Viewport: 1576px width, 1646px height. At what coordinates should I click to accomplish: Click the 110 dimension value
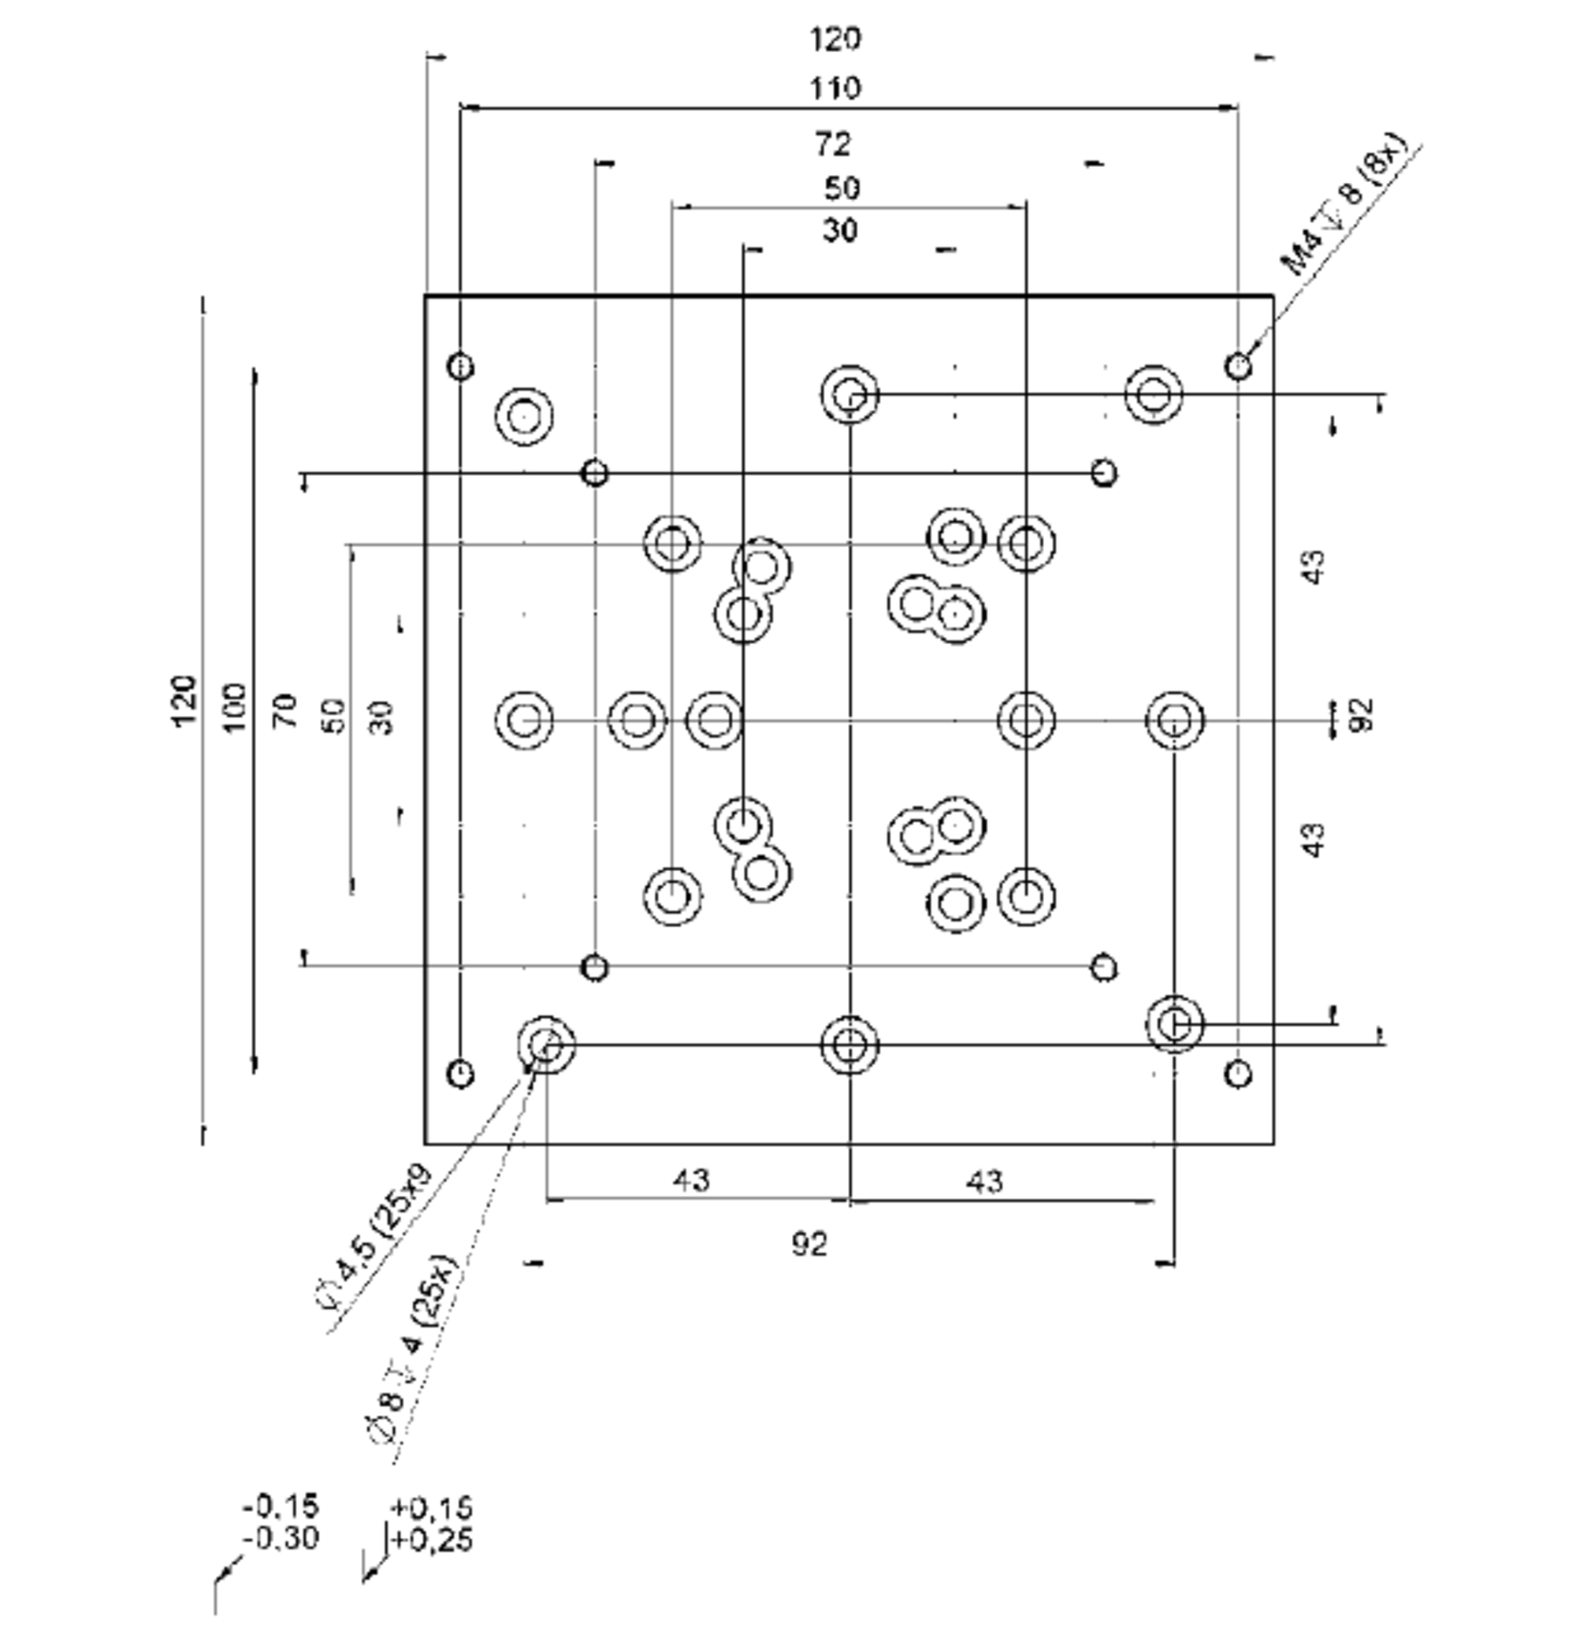[x=834, y=88]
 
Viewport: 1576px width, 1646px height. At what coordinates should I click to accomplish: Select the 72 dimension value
[x=832, y=144]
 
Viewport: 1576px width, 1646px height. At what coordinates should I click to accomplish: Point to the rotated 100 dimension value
[x=236, y=707]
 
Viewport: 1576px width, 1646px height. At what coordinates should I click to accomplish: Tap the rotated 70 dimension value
[x=285, y=710]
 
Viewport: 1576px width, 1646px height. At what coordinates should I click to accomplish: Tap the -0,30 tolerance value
[x=281, y=1539]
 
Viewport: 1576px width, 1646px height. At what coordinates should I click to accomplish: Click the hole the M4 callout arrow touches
[x=1238, y=366]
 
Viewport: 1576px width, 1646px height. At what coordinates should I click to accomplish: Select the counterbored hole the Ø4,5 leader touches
[x=546, y=1045]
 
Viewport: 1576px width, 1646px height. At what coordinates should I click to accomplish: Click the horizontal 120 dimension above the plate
[x=834, y=39]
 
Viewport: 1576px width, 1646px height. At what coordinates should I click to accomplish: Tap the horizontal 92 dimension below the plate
[x=809, y=1244]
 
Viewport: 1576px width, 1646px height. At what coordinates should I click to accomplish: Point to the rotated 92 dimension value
[x=1363, y=714]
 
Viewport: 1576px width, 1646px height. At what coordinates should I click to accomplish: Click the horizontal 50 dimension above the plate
[x=842, y=188]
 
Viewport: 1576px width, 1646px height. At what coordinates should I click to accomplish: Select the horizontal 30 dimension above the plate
[x=840, y=229]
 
